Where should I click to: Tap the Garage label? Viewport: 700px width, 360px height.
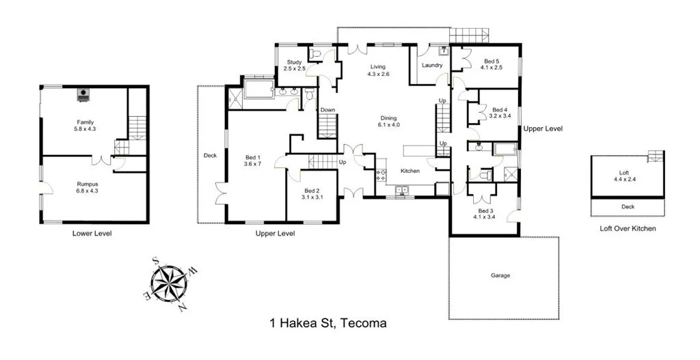[500, 275]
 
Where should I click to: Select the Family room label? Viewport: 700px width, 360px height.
[85, 125]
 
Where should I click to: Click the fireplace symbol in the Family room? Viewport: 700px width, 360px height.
[83, 94]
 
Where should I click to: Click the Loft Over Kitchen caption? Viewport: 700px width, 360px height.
[627, 228]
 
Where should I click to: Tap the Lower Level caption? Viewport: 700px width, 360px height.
[92, 234]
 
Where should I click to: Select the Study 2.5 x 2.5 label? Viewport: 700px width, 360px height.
[294, 66]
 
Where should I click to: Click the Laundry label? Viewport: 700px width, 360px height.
[432, 66]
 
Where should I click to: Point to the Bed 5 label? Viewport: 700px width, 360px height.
[492, 64]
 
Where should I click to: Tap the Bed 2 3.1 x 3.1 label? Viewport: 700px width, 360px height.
[312, 193]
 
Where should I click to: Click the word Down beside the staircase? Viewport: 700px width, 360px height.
[328, 109]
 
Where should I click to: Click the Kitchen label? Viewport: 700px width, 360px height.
[409, 171]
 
